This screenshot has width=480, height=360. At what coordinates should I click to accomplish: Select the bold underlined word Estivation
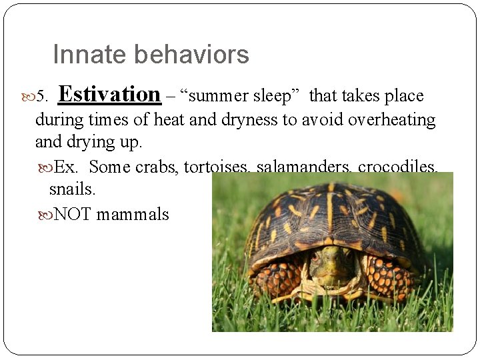coord(109,95)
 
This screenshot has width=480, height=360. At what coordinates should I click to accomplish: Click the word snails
coord(72,189)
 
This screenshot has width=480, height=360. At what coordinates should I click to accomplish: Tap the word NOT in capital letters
coord(73,215)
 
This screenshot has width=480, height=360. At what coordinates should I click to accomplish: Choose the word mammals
coord(133,215)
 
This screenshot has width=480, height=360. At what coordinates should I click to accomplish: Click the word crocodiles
coord(397,167)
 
